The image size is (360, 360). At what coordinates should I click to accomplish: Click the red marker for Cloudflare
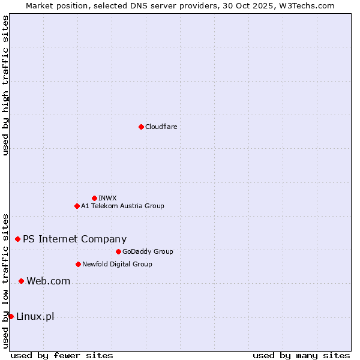coord(141,127)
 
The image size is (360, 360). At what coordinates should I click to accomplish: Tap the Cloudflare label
coord(161,127)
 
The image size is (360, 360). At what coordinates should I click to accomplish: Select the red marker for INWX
coord(94,198)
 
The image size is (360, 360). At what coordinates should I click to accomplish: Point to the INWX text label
coord(107,198)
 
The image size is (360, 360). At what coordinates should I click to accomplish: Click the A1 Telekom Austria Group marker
coord(77,206)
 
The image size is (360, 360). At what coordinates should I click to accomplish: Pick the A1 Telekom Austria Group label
coord(122,206)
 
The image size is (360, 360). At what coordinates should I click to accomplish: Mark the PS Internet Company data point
coord(17,239)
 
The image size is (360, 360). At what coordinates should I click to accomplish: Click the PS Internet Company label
coord(74,239)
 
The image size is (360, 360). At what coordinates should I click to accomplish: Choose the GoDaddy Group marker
coord(118,251)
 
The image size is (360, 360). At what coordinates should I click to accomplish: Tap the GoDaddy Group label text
coord(148,251)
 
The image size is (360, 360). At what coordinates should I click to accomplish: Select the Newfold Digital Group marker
coord(78,264)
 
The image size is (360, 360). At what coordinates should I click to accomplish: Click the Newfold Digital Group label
coord(117,264)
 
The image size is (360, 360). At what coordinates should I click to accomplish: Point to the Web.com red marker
coord(21,281)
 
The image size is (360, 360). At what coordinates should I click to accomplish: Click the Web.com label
coord(48,281)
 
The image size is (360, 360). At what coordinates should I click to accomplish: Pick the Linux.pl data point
coord(11,316)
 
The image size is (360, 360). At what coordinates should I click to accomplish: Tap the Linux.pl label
coord(35,316)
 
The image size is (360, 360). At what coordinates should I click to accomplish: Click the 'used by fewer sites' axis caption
coord(62,355)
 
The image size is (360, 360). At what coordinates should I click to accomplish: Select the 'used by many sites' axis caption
coord(301,355)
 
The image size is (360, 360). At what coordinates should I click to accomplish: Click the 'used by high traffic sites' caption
coord(5,85)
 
